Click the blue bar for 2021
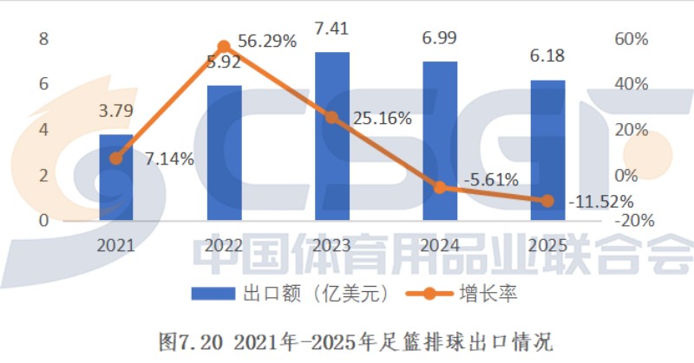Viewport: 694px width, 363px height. pos(115,177)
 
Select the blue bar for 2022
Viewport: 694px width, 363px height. pos(224,152)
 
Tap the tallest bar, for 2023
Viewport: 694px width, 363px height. pos(331,136)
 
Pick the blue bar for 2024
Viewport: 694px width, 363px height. pos(440,140)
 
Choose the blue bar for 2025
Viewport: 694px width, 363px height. pos(547,150)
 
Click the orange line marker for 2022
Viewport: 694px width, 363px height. pos(224,46)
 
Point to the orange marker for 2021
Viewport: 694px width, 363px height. pos(116,159)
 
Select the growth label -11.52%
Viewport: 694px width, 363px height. pos(599,202)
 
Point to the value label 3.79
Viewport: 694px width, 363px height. pos(115,111)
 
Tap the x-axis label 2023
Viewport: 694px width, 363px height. pos(331,245)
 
